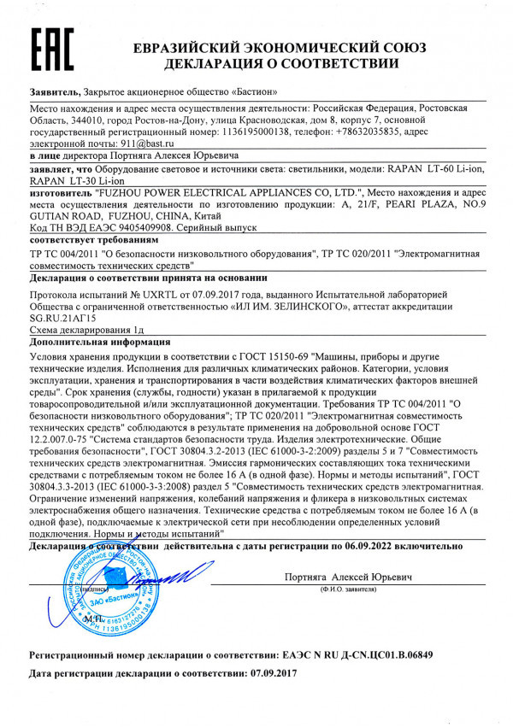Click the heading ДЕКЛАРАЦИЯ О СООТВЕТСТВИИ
281,63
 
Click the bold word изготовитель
61,193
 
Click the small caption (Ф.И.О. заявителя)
350,589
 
